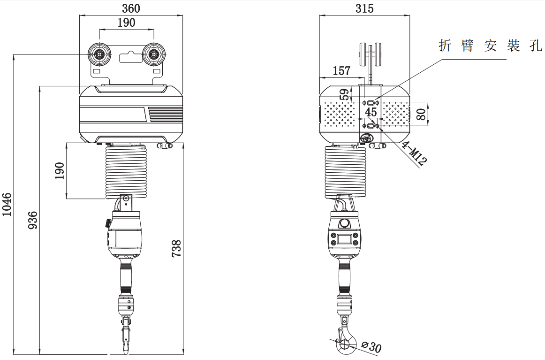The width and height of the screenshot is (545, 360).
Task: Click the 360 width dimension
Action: point(131,8)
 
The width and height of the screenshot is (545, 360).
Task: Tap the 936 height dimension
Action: point(32,220)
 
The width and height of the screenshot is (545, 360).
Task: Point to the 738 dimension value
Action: point(176,248)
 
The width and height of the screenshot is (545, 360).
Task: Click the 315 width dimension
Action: point(364,8)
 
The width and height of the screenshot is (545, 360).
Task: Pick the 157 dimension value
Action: point(341,70)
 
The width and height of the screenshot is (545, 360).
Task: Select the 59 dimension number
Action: point(344,95)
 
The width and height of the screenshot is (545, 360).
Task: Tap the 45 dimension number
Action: point(371,112)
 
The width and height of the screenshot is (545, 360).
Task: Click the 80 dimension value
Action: point(421,114)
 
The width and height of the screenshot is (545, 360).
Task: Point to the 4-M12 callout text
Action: point(414,153)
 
